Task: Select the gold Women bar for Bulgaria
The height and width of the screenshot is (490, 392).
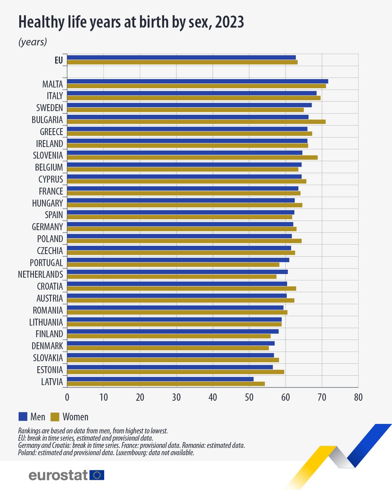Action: coord(196,122)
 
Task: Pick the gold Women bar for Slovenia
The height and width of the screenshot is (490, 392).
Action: coord(192,157)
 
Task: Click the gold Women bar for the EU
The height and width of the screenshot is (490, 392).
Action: coord(182,62)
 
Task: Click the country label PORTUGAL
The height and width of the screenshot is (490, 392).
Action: coord(47,263)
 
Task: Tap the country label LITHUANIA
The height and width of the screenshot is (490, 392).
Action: coord(46,322)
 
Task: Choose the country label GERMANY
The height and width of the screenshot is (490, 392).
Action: coord(47,227)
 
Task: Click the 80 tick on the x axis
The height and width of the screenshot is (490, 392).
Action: coord(358,396)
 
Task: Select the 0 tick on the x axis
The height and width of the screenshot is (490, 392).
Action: coord(67,396)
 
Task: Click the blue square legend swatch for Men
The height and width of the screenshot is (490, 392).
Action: coord(23,416)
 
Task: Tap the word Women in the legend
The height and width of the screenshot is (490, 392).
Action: coord(75,417)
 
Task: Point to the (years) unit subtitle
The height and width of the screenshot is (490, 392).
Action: coord(33,42)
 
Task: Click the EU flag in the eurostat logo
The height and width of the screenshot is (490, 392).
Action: coord(97,475)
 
